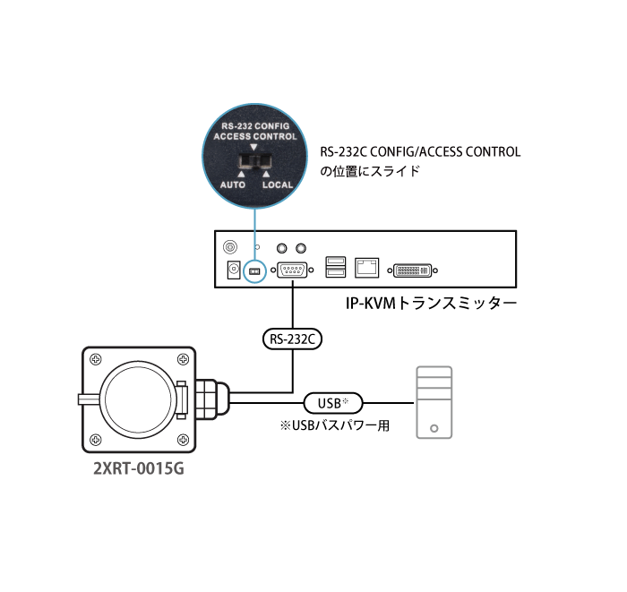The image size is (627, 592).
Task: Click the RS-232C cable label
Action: (x=292, y=339)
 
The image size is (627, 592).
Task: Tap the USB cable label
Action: (x=333, y=403)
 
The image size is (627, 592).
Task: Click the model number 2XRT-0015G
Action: (x=139, y=468)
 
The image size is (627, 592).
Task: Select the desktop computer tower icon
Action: (x=434, y=402)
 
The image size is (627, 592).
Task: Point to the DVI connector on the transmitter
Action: (x=413, y=270)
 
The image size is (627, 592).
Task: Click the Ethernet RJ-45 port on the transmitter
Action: (x=366, y=268)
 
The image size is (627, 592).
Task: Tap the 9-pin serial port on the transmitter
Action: (x=292, y=270)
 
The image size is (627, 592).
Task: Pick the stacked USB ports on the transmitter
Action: (x=336, y=267)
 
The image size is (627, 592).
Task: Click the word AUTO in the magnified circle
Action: (x=233, y=184)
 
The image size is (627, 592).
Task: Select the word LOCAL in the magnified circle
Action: (x=278, y=184)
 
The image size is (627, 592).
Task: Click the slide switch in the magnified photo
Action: (x=254, y=161)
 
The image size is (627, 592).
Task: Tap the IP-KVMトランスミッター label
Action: (x=431, y=304)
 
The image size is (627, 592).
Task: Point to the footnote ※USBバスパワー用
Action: (x=335, y=425)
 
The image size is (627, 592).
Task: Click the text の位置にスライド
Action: (x=370, y=171)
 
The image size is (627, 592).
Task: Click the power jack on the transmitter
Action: (x=234, y=270)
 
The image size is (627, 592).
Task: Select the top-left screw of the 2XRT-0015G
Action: (x=95, y=359)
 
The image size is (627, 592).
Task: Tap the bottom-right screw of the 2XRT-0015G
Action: (x=183, y=440)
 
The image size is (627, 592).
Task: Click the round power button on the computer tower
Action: (x=434, y=428)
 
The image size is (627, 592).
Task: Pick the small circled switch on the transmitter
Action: (x=254, y=271)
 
